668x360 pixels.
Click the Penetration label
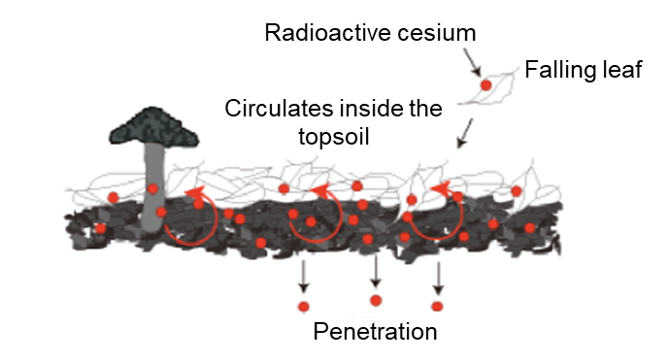pos(376,332)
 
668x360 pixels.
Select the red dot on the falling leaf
pos(486,85)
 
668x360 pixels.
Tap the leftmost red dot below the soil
pos(303,307)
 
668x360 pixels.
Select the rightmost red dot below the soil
pos(437,307)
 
